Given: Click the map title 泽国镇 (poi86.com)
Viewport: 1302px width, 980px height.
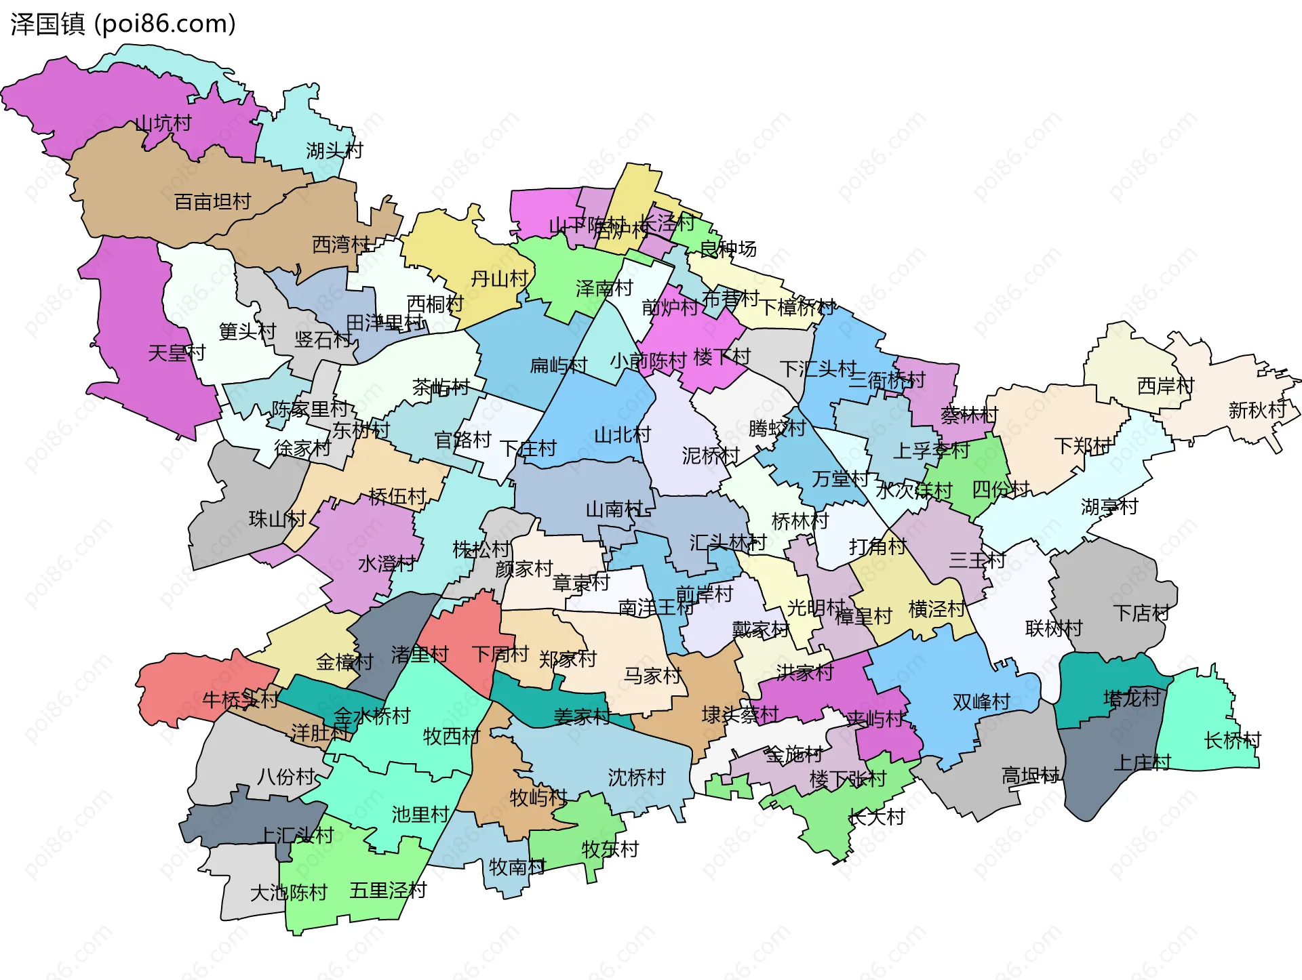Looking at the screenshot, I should tap(123, 24).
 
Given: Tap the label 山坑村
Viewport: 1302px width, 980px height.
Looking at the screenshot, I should tap(163, 123).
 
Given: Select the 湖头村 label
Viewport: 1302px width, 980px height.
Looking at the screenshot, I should tap(334, 150).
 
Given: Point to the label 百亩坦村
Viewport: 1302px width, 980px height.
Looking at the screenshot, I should tap(212, 202).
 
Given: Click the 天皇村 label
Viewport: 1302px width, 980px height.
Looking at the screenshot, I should tap(176, 352).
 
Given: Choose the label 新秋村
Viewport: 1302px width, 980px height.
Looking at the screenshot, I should tap(1257, 410).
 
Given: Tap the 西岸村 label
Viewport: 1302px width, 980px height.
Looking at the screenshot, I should tap(1165, 386).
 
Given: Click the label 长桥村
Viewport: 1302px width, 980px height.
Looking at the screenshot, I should tap(1232, 740).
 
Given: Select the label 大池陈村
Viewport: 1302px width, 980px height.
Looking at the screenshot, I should tap(289, 893).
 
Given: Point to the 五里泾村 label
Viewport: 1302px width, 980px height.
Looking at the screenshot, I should tap(388, 890).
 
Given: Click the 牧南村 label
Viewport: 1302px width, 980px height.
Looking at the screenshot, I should tap(517, 867).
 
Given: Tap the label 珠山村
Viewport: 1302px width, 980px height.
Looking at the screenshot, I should tap(277, 519).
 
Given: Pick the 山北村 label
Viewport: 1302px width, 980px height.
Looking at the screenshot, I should tap(622, 434).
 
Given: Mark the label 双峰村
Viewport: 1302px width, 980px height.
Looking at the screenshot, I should tap(981, 702).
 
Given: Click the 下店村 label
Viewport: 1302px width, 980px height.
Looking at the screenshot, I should tap(1141, 613).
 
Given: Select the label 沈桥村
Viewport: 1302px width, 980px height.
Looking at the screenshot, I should tap(636, 777).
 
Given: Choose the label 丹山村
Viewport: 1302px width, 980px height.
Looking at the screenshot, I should tap(499, 279).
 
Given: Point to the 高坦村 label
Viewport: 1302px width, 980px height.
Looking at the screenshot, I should tap(1030, 775).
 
